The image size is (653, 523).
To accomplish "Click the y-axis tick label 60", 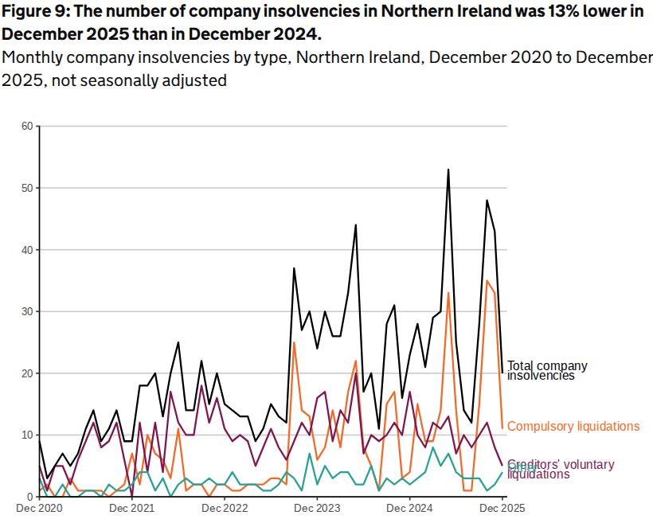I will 26,127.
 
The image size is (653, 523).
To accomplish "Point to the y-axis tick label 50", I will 26,188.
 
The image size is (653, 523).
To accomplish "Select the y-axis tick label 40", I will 26,250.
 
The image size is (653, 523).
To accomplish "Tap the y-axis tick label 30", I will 26,312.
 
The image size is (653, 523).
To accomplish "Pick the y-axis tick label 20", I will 26,373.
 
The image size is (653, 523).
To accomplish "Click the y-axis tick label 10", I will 26,435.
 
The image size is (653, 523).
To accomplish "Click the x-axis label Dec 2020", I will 40,507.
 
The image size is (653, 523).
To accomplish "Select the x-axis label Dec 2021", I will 132,507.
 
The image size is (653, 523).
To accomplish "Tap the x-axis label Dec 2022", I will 225,507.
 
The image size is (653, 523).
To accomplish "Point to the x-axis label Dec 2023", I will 317,507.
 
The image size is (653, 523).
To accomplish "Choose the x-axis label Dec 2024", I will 409,507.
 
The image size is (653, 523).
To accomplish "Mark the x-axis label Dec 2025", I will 502,507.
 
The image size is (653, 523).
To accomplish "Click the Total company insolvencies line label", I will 547,370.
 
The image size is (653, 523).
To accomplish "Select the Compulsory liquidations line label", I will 573,427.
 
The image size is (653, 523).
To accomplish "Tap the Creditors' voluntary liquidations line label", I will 549,469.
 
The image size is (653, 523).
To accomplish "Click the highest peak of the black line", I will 448,170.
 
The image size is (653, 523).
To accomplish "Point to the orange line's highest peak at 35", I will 487,281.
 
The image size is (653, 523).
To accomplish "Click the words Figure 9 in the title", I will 34,12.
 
